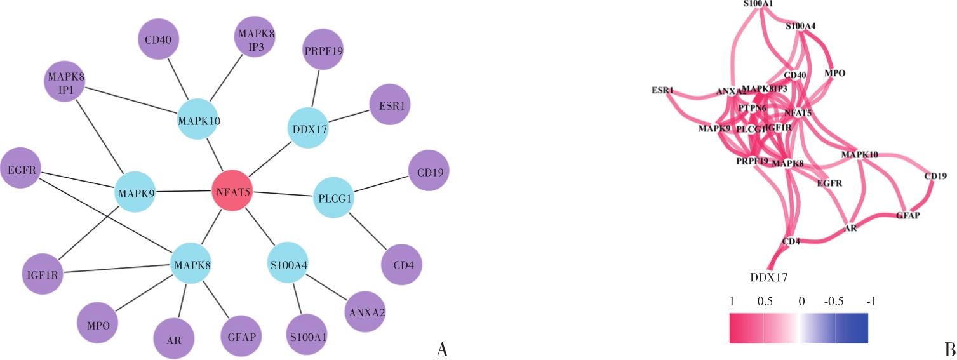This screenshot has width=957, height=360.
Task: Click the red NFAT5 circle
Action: [232, 190]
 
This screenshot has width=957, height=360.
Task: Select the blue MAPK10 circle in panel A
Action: [198, 119]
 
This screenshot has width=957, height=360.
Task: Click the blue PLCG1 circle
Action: [334, 199]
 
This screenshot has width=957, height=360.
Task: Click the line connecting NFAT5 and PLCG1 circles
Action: [283, 194]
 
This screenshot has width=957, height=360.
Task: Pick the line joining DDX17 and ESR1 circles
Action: [349, 117]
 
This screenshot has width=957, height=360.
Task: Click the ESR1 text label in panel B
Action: [662, 90]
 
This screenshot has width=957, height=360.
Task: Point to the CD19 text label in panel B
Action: [935, 176]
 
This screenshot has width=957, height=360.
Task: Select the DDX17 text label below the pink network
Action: [769, 276]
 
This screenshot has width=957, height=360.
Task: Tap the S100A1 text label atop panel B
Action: [758, 4]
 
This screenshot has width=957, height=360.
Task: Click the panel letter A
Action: [443, 349]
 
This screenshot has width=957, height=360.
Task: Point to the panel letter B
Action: [950, 349]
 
